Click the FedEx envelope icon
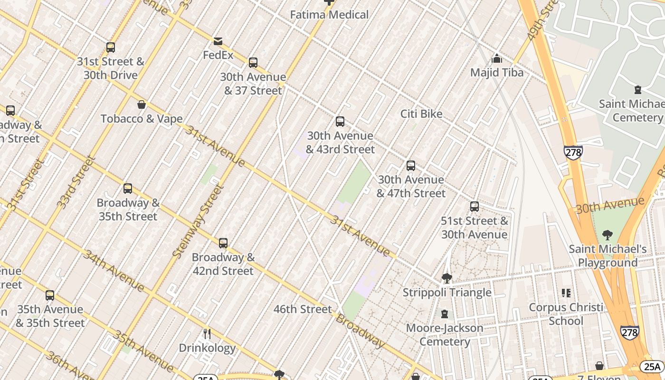pyautogui.click(x=218, y=41)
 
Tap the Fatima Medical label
pyautogui.click(x=329, y=15)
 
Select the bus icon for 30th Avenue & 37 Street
pyautogui.click(x=253, y=63)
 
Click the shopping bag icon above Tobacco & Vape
pyautogui.click(x=141, y=104)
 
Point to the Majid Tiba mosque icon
pyautogui.click(x=497, y=58)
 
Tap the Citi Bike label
pyautogui.click(x=421, y=114)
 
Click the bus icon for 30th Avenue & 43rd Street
pyautogui.click(x=340, y=122)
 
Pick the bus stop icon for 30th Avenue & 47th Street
pyautogui.click(x=411, y=166)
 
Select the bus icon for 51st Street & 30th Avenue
pyautogui.click(x=475, y=207)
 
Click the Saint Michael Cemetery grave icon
pyautogui.click(x=638, y=90)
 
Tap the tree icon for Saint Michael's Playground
pyautogui.click(x=607, y=235)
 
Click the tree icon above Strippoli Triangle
pyautogui.click(x=446, y=278)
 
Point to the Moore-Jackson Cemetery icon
pyautogui.click(x=445, y=314)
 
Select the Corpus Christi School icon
pyautogui.click(x=566, y=293)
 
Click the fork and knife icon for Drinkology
pyautogui.click(x=207, y=334)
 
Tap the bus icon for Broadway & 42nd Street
pyautogui.click(x=223, y=243)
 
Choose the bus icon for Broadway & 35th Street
pyautogui.click(x=128, y=189)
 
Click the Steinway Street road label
pyautogui.click(x=198, y=221)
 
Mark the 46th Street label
pyautogui.click(x=303, y=309)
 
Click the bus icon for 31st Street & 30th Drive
pyautogui.click(x=111, y=47)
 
